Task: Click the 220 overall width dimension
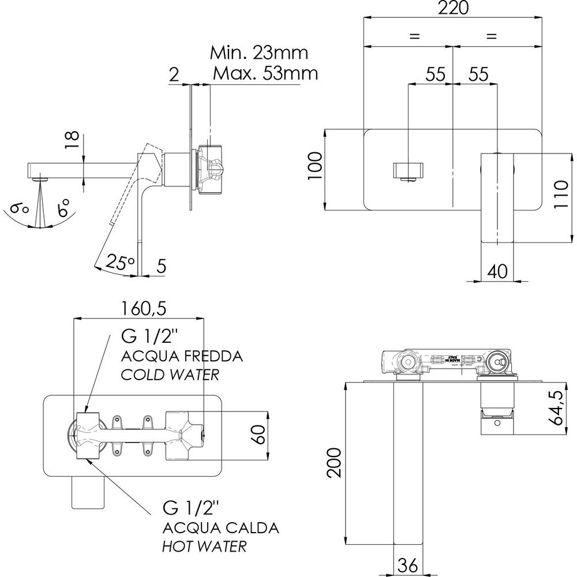click(x=453, y=8)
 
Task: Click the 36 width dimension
click(x=409, y=567)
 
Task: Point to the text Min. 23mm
click(x=258, y=53)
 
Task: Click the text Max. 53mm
click(x=265, y=74)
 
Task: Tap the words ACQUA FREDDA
click(x=181, y=355)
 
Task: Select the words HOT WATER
click(x=204, y=545)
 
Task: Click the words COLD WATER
click(x=170, y=374)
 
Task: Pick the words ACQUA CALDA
click(x=221, y=527)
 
